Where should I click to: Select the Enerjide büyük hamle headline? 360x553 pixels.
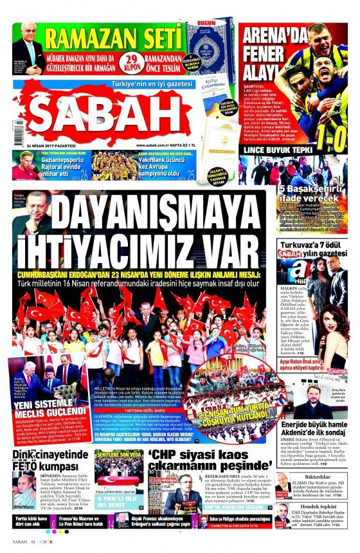[x=313, y=429]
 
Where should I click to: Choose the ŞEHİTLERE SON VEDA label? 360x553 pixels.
[x=120, y=454]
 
